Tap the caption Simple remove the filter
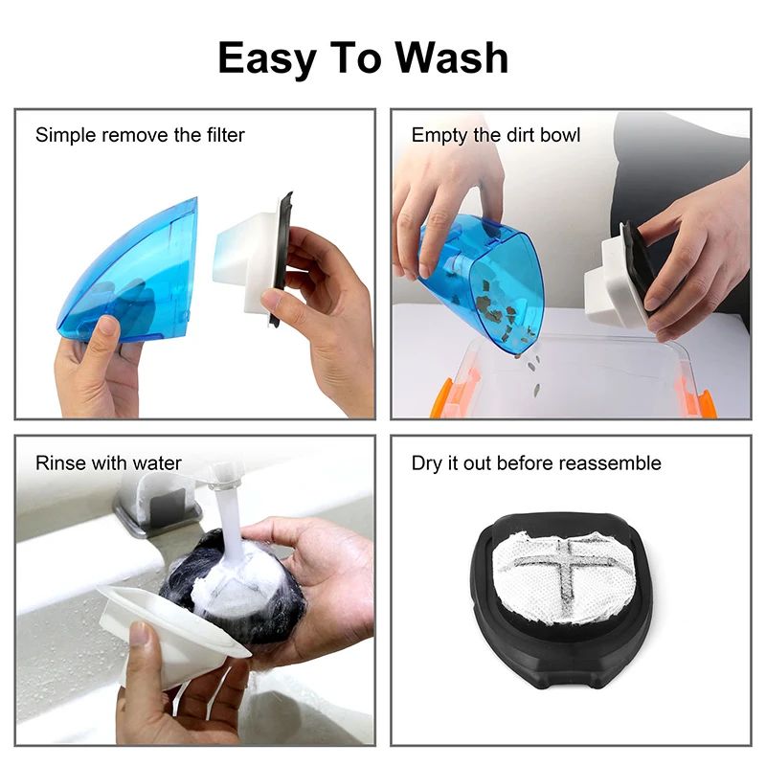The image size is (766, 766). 140,135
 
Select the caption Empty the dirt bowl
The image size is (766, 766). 496,135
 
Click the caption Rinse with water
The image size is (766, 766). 108,463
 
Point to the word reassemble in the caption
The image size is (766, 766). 602,463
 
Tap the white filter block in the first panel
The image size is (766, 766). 245,257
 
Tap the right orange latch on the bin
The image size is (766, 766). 707,402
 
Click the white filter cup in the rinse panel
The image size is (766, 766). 172,627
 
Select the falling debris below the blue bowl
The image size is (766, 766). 529,369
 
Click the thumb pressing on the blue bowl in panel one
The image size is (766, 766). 103,330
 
